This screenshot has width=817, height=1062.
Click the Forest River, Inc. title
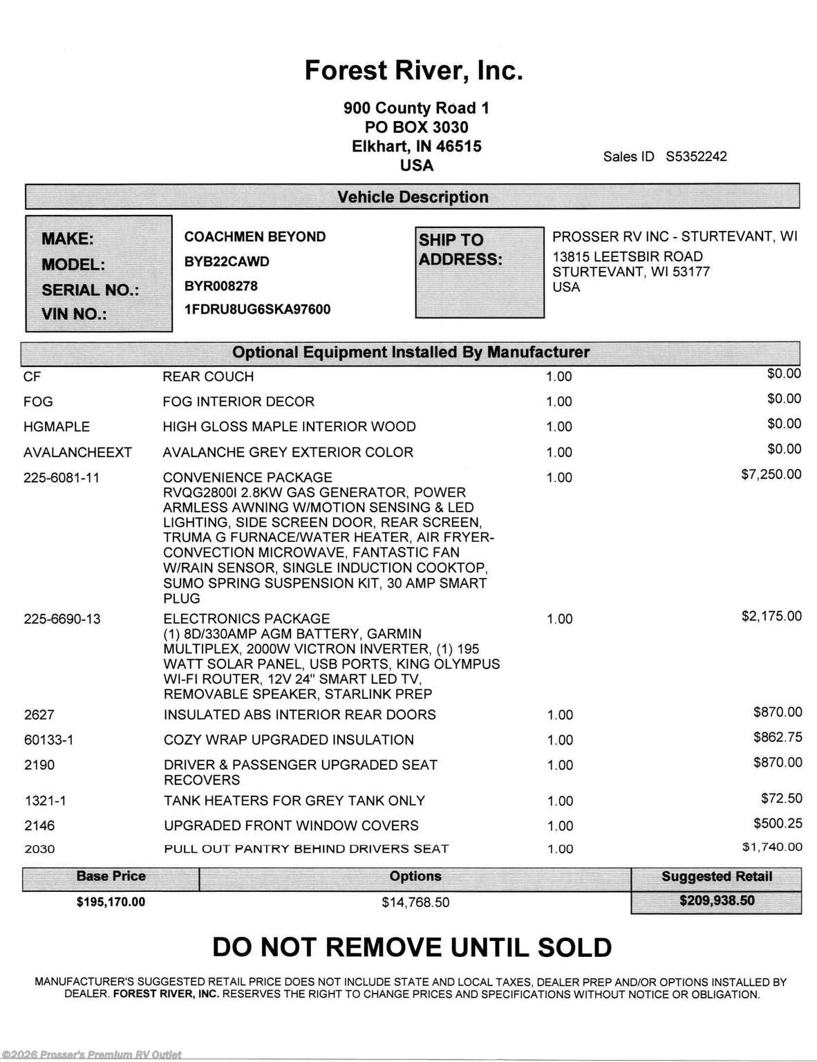413,71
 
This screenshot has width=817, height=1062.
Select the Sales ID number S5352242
696,156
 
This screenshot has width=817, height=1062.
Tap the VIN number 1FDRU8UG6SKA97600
257,309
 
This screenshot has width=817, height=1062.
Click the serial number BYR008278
220,286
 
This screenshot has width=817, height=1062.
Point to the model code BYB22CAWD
227,261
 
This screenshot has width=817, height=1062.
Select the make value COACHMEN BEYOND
254,236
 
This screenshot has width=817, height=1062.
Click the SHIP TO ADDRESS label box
479,272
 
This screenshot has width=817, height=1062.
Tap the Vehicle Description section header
413,197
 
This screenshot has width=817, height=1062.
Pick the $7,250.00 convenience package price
771,474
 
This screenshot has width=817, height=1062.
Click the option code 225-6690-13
62,619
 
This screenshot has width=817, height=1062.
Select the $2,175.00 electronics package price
771,616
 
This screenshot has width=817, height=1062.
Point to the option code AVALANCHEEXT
77,452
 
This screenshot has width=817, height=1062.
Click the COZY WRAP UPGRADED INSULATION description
288,740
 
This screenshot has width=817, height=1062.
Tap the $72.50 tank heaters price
781,799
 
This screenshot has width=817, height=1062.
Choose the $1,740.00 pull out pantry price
772,847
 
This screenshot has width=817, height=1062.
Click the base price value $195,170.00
111,902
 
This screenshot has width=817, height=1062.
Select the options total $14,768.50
415,902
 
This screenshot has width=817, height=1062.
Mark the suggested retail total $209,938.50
717,901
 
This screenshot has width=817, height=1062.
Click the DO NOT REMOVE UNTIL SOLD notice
412,947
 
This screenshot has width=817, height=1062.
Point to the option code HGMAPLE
57,427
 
